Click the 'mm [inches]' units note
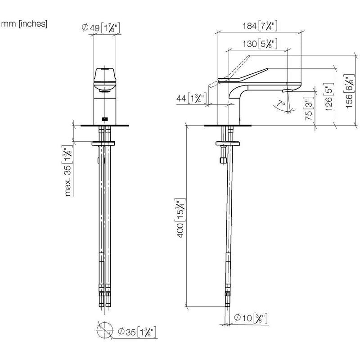tap(24, 24)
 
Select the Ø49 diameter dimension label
tap(101, 28)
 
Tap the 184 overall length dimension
tap(260, 26)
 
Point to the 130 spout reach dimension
tap(260, 43)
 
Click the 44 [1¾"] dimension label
tap(192, 98)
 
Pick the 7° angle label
tap(281, 103)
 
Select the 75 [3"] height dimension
tap(309, 108)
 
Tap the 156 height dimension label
tap(349, 91)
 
